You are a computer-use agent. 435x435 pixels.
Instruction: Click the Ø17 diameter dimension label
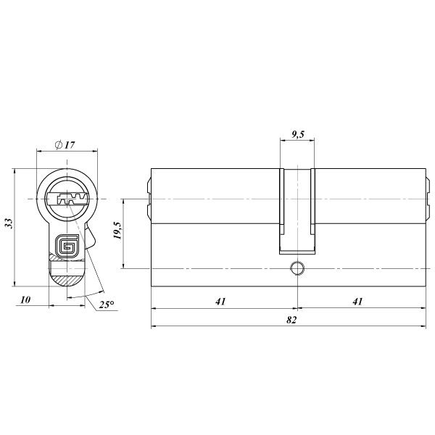tap(65, 145)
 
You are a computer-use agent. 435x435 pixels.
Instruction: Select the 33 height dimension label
tap(9, 223)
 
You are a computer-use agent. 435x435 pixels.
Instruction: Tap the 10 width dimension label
tap(25, 300)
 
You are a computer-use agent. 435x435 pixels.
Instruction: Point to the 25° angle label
tap(107, 304)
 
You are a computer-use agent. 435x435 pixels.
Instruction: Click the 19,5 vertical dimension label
tap(117, 231)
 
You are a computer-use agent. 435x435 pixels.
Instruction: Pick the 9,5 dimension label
tap(298, 134)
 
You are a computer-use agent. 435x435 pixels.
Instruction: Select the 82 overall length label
tap(291, 320)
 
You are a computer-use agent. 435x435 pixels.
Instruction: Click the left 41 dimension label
tap(220, 302)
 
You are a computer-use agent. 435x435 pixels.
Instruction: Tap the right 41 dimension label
tap(357, 302)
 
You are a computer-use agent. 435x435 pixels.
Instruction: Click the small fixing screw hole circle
tap(297, 268)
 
